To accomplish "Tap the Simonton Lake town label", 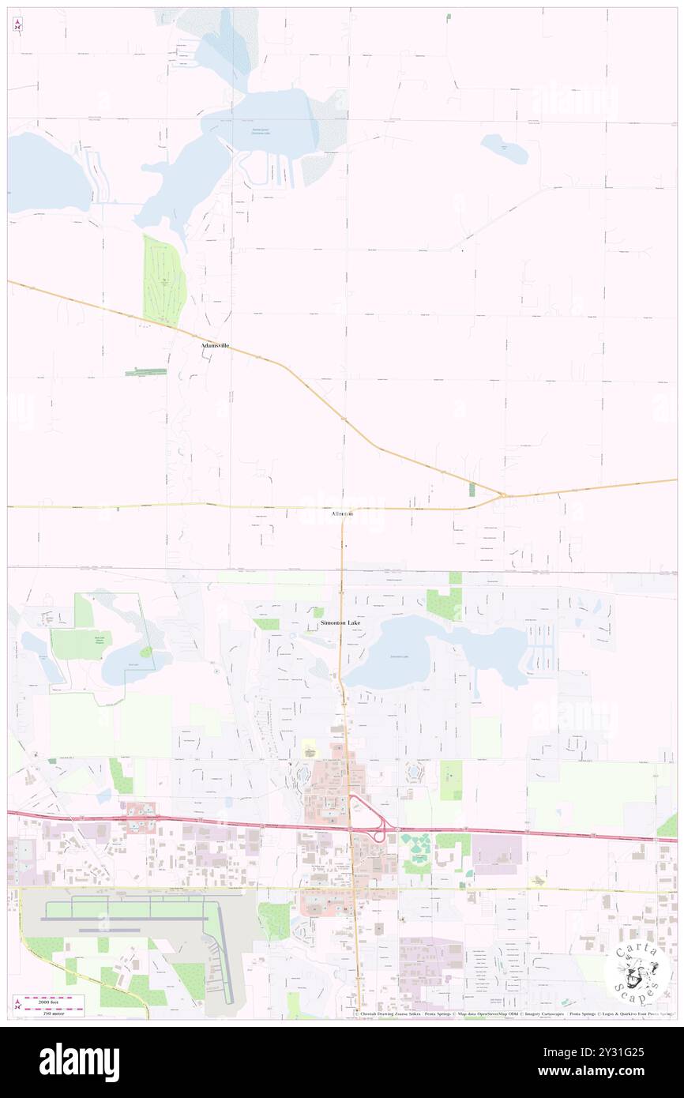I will pos(340,623).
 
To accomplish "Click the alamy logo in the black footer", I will pos(79,1062).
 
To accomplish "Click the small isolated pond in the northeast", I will pos(504,148).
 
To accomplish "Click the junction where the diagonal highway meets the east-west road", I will pos(503,496).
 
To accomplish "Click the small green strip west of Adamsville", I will pos(146,371).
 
